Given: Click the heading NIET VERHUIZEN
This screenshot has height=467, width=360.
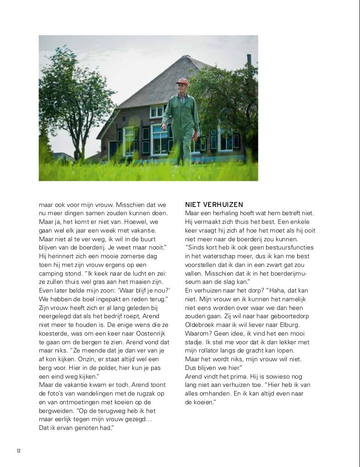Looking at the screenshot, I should (214, 205).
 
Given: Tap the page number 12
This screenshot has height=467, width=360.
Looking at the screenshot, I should (19, 451).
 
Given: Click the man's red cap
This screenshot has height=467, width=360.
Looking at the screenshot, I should (182, 81).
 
